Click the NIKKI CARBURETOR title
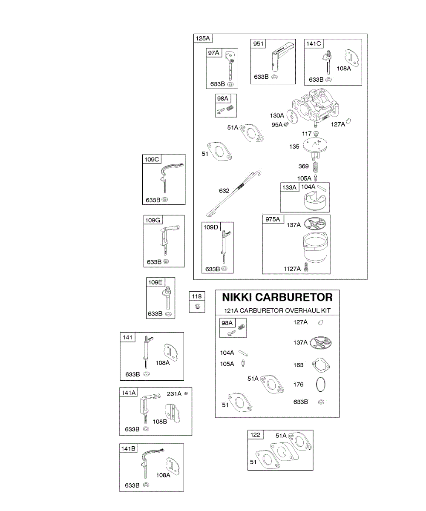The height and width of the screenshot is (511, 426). click(x=277, y=297)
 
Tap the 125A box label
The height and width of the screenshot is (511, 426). click(x=203, y=38)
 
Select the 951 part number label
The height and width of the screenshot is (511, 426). click(x=258, y=44)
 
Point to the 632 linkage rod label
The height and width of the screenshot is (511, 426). click(x=225, y=191)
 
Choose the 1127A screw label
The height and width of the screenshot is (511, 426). click(x=293, y=269)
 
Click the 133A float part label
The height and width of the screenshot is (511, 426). click(x=289, y=187)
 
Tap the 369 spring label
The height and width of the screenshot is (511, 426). click(x=303, y=166)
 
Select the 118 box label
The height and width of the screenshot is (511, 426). click(x=197, y=296)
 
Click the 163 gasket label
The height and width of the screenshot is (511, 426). click(x=299, y=365)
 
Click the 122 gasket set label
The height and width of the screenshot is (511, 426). click(x=256, y=435)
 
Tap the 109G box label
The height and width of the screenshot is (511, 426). click(x=153, y=220)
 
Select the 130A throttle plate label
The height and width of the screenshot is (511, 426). click(x=277, y=115)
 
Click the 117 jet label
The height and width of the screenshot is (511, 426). click(x=307, y=133)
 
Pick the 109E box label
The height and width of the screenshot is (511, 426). click(x=155, y=282)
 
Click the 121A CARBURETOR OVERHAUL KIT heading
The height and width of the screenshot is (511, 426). click(x=277, y=310)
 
